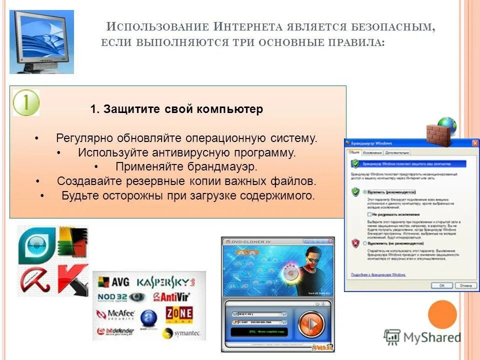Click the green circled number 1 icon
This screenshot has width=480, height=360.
[x=26, y=102]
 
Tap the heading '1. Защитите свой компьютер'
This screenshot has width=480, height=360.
[x=176, y=109]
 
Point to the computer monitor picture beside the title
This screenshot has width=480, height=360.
[x=42, y=41]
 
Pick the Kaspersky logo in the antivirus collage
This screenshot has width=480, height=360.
[x=166, y=282]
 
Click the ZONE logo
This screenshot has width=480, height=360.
[x=179, y=314]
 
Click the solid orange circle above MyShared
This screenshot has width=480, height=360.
[x=442, y=314]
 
